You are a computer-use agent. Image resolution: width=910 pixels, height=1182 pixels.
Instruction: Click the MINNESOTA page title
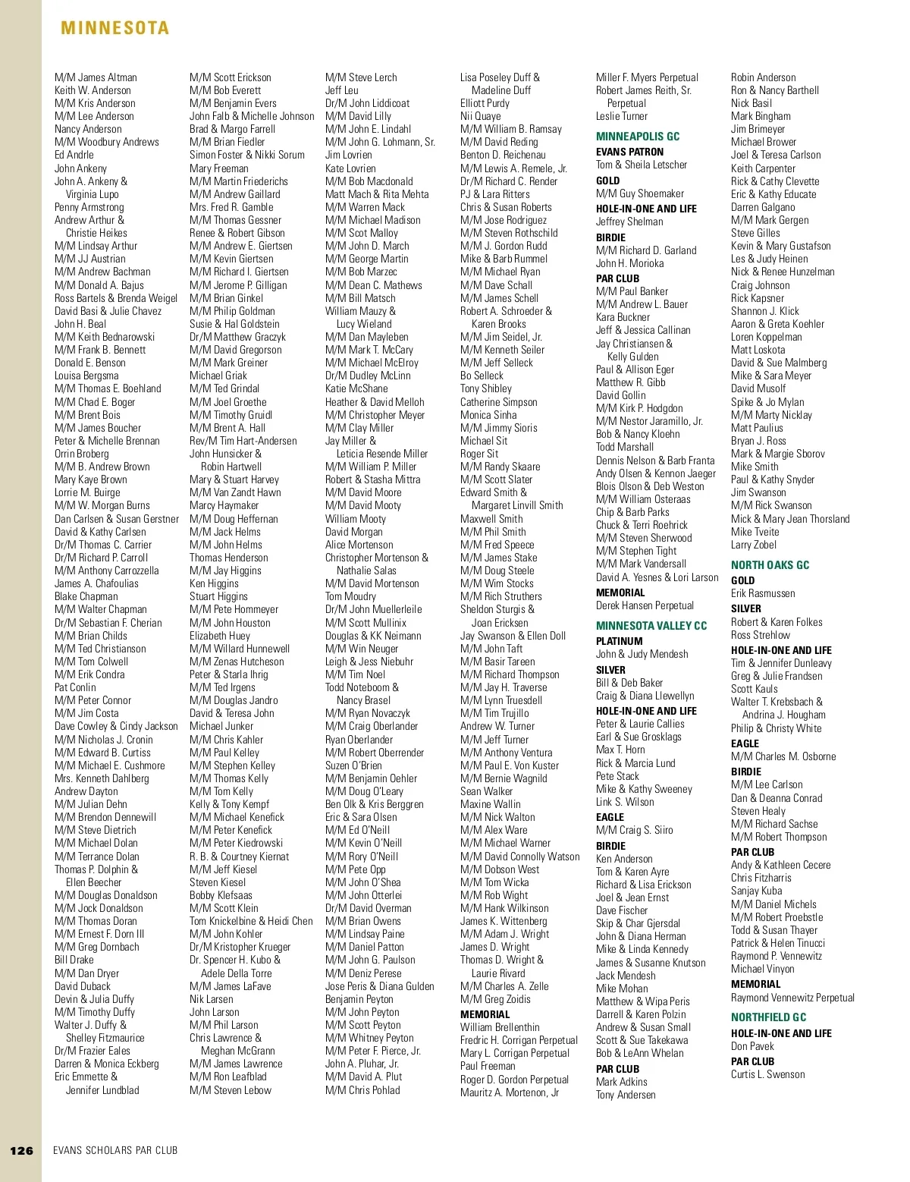pos(115,28)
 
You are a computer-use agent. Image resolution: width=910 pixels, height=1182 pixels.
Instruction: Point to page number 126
pos(21,1150)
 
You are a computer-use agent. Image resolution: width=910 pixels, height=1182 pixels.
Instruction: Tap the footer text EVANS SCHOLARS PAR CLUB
pos(115,1150)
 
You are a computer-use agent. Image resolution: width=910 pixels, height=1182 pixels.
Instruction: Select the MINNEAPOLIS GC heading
pos(638,137)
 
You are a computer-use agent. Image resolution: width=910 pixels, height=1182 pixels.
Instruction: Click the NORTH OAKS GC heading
pos(770,565)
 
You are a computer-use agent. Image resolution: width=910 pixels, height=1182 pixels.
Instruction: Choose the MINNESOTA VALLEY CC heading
pos(651,626)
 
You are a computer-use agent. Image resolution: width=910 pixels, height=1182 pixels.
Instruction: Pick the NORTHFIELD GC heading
pos(768,1017)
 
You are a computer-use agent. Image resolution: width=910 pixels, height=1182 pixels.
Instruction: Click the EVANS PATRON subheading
pos(629,152)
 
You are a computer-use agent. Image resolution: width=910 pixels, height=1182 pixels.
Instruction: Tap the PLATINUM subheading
pos(620,641)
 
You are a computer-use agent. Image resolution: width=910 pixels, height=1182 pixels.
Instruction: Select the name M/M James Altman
pos(96,77)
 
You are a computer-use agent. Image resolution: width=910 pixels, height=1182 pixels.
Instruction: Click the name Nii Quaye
pos(480,116)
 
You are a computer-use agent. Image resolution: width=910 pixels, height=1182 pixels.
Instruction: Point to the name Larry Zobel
pos(753,545)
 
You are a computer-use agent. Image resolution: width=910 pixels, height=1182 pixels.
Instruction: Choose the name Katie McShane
pos(356,388)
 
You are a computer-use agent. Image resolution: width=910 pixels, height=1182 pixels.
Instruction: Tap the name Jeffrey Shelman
pos(629,222)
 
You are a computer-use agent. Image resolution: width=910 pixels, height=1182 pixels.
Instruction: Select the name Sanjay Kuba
pos(756,891)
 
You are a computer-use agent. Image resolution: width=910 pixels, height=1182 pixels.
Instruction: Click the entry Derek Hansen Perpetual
pos(645,605)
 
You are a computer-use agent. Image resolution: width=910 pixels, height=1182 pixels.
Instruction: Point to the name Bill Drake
pos(74,960)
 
